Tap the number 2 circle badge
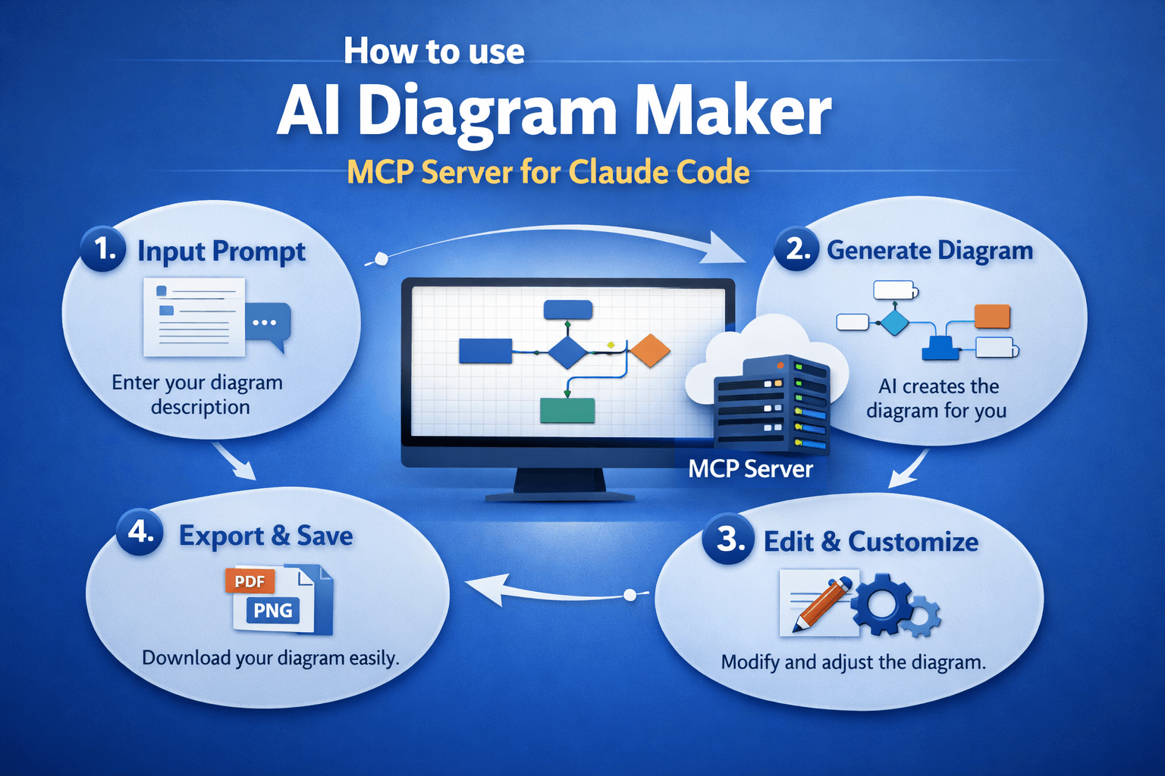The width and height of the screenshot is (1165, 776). [796, 249]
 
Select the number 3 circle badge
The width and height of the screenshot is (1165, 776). [728, 539]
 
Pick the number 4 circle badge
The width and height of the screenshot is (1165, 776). [140, 532]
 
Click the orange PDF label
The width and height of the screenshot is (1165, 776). [250, 581]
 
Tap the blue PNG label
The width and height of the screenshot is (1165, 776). [273, 610]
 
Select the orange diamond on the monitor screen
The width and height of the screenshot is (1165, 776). [649, 351]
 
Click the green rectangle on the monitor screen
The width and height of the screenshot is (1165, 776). [567, 410]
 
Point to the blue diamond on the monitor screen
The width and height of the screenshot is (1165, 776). [567, 352]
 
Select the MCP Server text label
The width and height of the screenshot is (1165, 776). [750, 469]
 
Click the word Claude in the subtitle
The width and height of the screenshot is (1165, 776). [619, 173]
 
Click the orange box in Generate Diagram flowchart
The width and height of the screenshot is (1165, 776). [992, 316]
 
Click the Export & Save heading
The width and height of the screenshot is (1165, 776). [265, 536]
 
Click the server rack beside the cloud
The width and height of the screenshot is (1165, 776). [771, 405]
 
